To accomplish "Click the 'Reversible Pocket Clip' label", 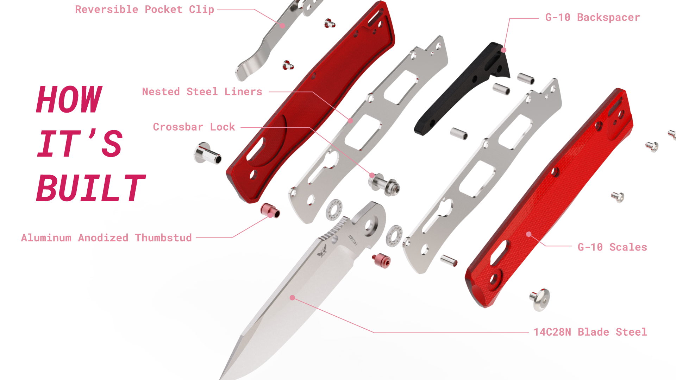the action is (145, 9).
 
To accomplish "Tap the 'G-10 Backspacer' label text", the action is (593, 17).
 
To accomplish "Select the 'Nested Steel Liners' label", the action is (202, 91).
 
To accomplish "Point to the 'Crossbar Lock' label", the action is (194, 127).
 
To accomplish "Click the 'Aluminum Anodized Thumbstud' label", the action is (106, 237).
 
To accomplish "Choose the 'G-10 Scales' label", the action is (612, 247).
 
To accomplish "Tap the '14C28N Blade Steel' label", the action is (590, 332).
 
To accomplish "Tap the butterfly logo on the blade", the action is (322, 251).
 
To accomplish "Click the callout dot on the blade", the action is (292, 298).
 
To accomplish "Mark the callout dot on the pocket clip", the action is (282, 26).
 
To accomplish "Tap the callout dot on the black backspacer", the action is (504, 50).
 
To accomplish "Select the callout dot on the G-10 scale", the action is (529, 234).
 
